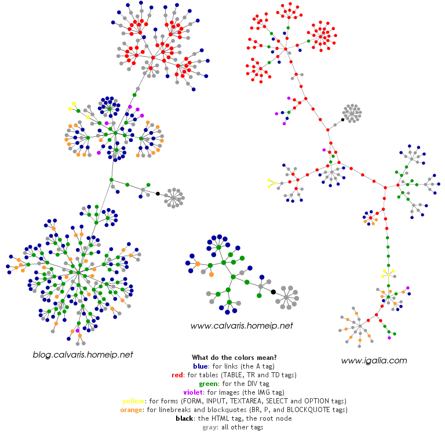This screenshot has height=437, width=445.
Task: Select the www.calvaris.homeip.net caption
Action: [x=242, y=326]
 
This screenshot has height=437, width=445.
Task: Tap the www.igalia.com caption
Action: [x=374, y=360]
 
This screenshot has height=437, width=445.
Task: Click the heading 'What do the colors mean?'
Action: [x=234, y=357]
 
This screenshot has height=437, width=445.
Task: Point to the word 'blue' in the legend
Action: [x=201, y=366]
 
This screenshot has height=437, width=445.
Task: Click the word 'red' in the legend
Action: [x=177, y=375]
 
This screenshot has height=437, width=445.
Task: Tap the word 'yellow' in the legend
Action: [x=134, y=401]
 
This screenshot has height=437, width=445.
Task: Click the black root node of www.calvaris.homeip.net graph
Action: [x=273, y=292]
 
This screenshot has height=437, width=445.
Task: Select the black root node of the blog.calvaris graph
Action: [x=158, y=193]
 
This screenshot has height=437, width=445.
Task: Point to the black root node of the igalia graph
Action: [x=342, y=120]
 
